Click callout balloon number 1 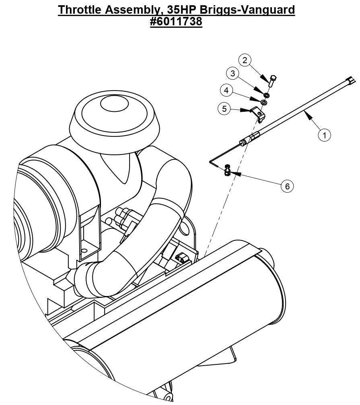(324, 135)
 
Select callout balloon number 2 (245, 60)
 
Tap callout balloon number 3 (232, 73)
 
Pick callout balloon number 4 (226, 90)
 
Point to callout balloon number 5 (224, 109)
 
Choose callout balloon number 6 (287, 186)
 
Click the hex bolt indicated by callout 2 (272, 80)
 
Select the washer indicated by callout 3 (267, 95)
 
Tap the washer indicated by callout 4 (264, 103)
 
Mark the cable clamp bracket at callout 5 (258, 114)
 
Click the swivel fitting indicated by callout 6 (227, 170)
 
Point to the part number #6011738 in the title (176, 21)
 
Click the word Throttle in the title (80, 10)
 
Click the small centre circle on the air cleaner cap (114, 104)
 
